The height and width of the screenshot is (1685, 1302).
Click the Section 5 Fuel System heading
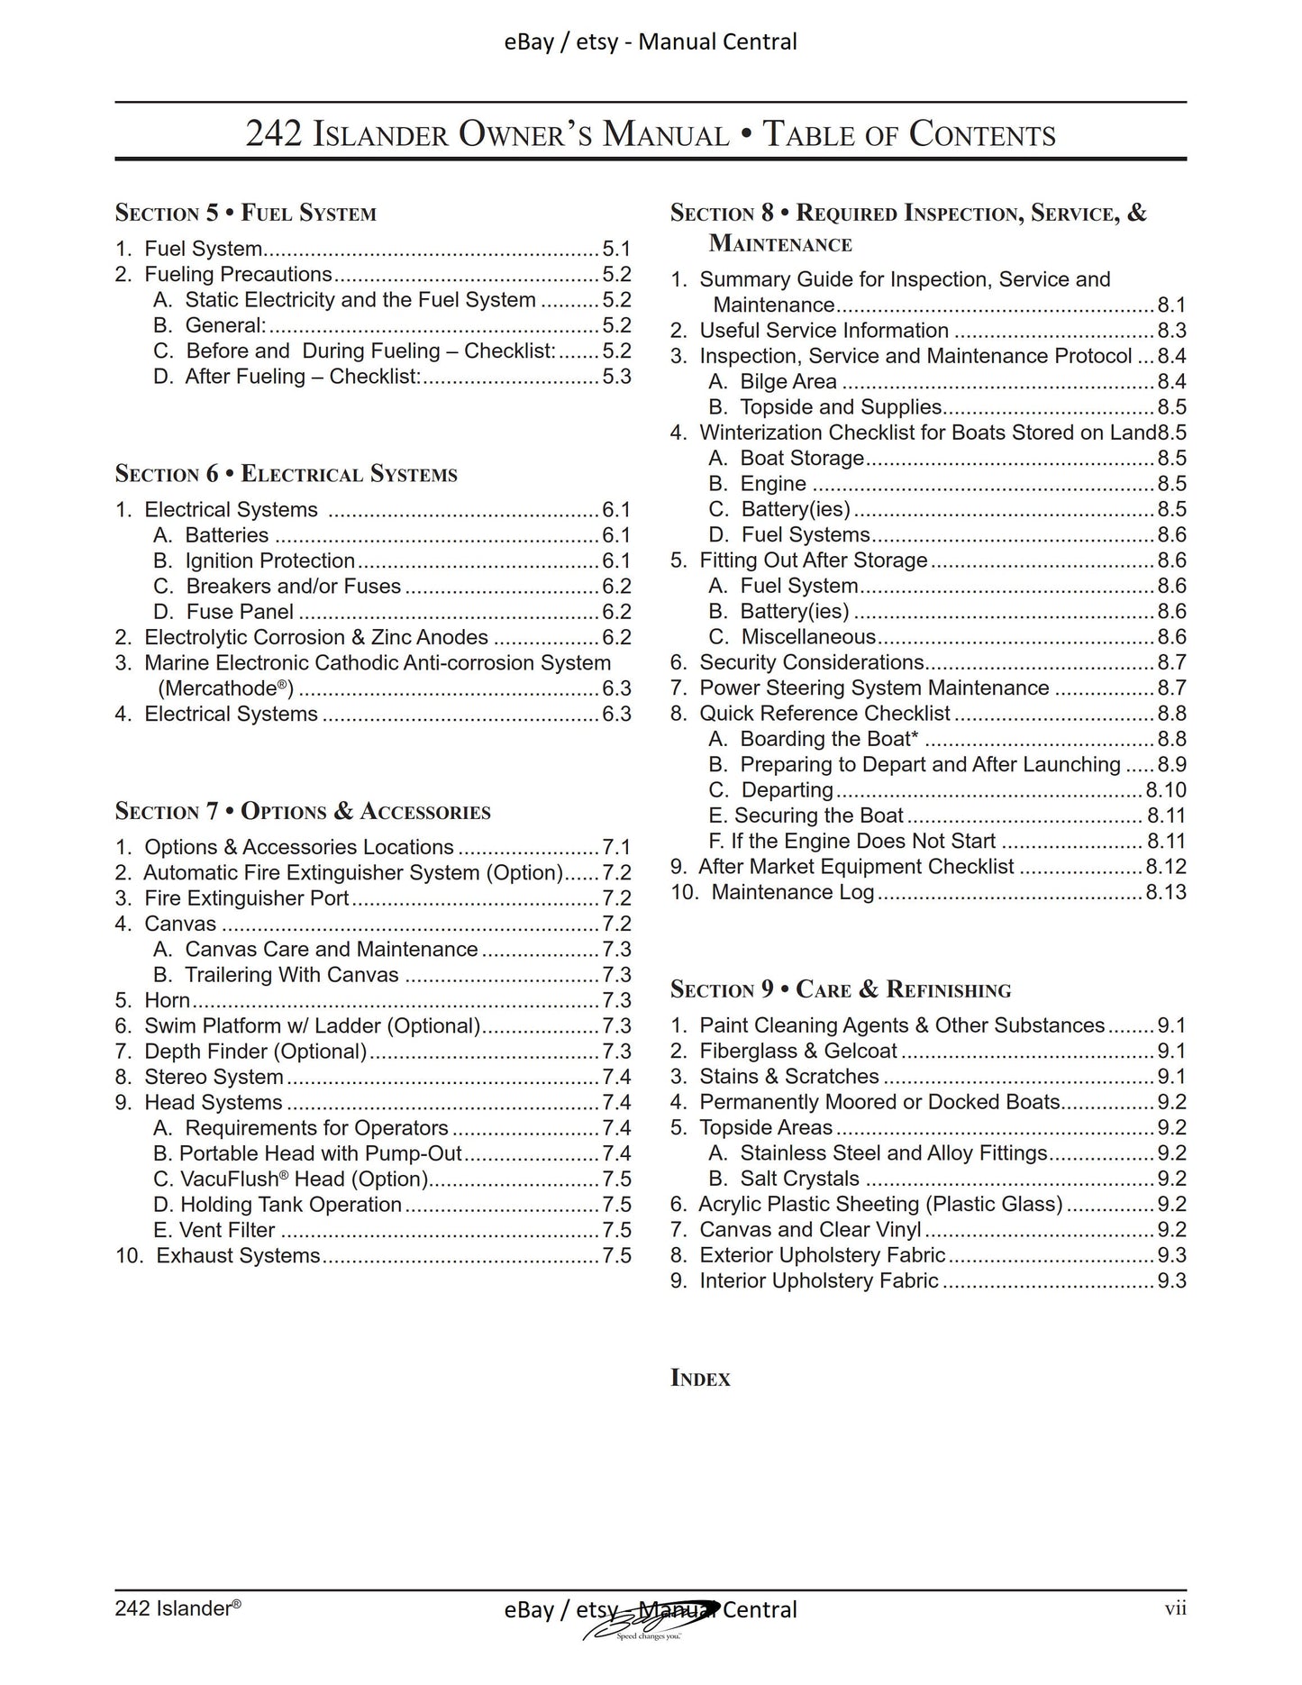[x=245, y=214]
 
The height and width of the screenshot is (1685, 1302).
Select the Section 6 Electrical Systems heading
[x=286, y=474]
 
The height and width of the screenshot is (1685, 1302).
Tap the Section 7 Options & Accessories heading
[x=302, y=811]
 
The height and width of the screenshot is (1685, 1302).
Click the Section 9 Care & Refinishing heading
[x=840, y=989]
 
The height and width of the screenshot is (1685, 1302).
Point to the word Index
[x=700, y=1378]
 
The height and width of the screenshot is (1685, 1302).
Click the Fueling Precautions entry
[x=238, y=275]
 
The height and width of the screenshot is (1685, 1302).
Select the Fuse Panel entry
[x=239, y=612]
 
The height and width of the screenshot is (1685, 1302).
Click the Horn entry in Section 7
[x=167, y=1000]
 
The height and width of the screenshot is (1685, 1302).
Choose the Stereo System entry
[x=214, y=1077]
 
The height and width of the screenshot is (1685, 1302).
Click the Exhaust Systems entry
[x=238, y=1255]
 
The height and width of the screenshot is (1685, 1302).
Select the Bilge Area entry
[x=788, y=382]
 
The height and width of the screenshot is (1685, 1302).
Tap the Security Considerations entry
[x=811, y=662]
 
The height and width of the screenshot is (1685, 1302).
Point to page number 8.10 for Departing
[x=1165, y=790]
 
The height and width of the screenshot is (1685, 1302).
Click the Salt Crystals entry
[x=799, y=1179]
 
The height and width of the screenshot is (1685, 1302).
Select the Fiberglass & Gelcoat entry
[x=797, y=1051]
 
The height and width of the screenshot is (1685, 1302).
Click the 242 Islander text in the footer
[x=178, y=1608]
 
